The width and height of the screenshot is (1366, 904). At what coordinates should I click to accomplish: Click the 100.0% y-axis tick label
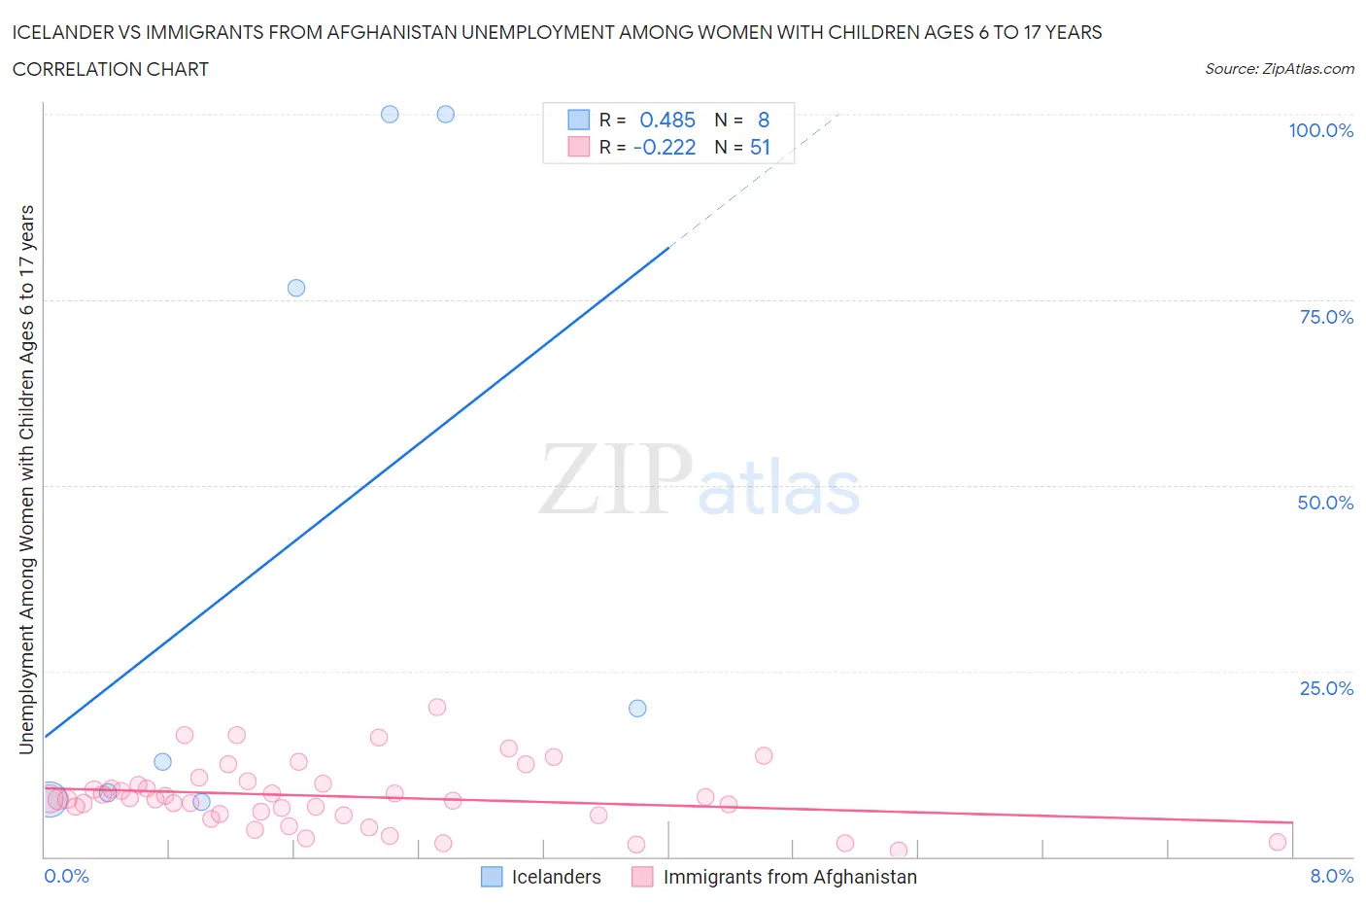[1320, 130]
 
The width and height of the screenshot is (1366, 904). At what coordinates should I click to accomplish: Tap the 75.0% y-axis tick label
[1326, 317]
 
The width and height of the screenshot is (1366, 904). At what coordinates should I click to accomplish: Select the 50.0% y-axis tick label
[1325, 503]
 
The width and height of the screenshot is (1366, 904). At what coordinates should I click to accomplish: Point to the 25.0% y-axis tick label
[1326, 688]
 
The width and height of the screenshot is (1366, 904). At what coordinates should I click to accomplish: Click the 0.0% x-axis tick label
[66, 876]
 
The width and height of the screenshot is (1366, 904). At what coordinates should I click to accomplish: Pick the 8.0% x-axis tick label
[1331, 876]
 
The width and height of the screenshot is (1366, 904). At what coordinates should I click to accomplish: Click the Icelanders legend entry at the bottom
[541, 877]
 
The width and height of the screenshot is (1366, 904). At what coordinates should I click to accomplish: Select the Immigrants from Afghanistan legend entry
[774, 877]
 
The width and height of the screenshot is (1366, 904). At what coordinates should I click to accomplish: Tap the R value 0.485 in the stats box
[667, 120]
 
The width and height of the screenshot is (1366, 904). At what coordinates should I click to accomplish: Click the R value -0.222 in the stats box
[665, 147]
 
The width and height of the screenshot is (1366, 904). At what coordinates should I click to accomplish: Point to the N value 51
[760, 147]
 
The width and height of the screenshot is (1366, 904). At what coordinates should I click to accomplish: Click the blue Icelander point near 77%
[296, 288]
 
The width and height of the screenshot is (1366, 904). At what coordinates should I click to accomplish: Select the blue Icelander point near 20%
[637, 708]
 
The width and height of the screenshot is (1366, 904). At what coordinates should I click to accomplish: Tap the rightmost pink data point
[1278, 842]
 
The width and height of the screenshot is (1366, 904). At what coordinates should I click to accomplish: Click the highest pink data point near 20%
[437, 707]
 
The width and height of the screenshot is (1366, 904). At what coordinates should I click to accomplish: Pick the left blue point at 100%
[390, 114]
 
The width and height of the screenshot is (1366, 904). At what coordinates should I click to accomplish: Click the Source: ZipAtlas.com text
[1279, 68]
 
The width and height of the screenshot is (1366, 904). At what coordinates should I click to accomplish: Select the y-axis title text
[26, 479]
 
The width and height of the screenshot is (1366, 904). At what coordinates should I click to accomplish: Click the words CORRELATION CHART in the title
[111, 69]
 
